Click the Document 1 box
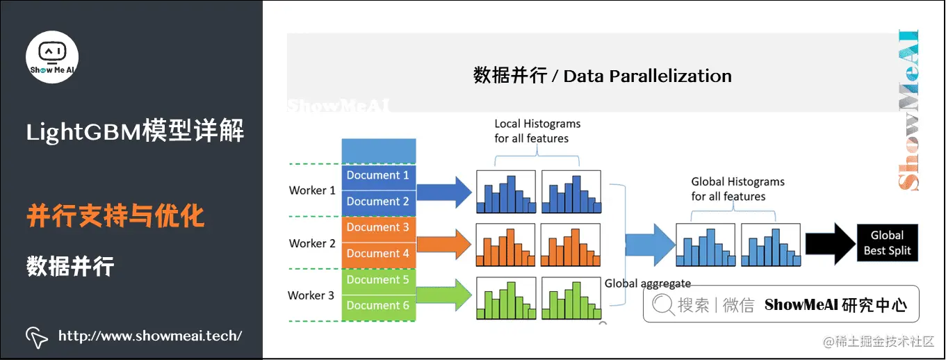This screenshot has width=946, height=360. [378, 176]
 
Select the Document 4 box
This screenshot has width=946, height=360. [378, 254]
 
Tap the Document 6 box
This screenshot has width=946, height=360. [378, 306]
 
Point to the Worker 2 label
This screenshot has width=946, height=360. [312, 243]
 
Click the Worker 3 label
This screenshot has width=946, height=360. [311, 295]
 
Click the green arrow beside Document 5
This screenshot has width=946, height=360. [445, 296]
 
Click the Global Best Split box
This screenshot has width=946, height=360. [887, 243]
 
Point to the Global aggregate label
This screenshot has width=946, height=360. [648, 284]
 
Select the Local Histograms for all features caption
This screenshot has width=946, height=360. [537, 131]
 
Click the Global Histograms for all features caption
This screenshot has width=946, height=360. [737, 189]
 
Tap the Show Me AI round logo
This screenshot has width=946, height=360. [52, 57]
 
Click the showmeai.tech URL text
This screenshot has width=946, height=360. [150, 336]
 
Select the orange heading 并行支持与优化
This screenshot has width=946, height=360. [115, 216]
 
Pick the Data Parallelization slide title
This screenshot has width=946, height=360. [602, 76]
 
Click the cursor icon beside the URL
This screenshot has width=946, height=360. [37, 336]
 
